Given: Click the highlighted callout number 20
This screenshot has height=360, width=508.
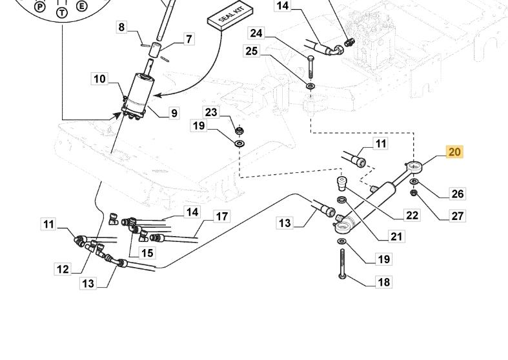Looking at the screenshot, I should [x=454, y=152].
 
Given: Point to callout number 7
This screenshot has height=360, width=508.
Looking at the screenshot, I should [x=188, y=39].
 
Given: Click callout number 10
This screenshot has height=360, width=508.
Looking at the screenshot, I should [x=99, y=79].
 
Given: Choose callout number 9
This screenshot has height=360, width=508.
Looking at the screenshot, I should [x=174, y=113].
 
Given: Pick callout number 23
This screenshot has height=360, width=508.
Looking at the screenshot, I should [x=211, y=112].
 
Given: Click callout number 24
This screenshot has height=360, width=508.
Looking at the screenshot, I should [x=256, y=33].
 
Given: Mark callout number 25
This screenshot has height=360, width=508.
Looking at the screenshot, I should [x=252, y=50].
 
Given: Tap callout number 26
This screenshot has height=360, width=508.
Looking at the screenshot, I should [x=457, y=194].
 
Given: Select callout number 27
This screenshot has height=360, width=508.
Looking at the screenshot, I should [x=457, y=216].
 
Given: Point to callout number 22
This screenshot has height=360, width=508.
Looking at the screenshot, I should [x=412, y=215].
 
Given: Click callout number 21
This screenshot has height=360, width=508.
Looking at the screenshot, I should [x=396, y=237].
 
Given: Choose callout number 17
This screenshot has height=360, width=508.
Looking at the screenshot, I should [x=221, y=216].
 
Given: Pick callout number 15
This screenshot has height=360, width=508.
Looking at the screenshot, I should [x=147, y=252].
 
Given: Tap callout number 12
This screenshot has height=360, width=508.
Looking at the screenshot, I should [x=62, y=268].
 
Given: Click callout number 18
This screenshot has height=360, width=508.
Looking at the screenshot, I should [x=383, y=282].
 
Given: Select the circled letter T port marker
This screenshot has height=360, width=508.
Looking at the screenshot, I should [x=62, y=12].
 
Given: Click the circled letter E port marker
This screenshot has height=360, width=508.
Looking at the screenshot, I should [x=81, y=6].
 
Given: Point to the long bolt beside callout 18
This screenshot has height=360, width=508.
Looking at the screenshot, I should [x=341, y=263].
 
